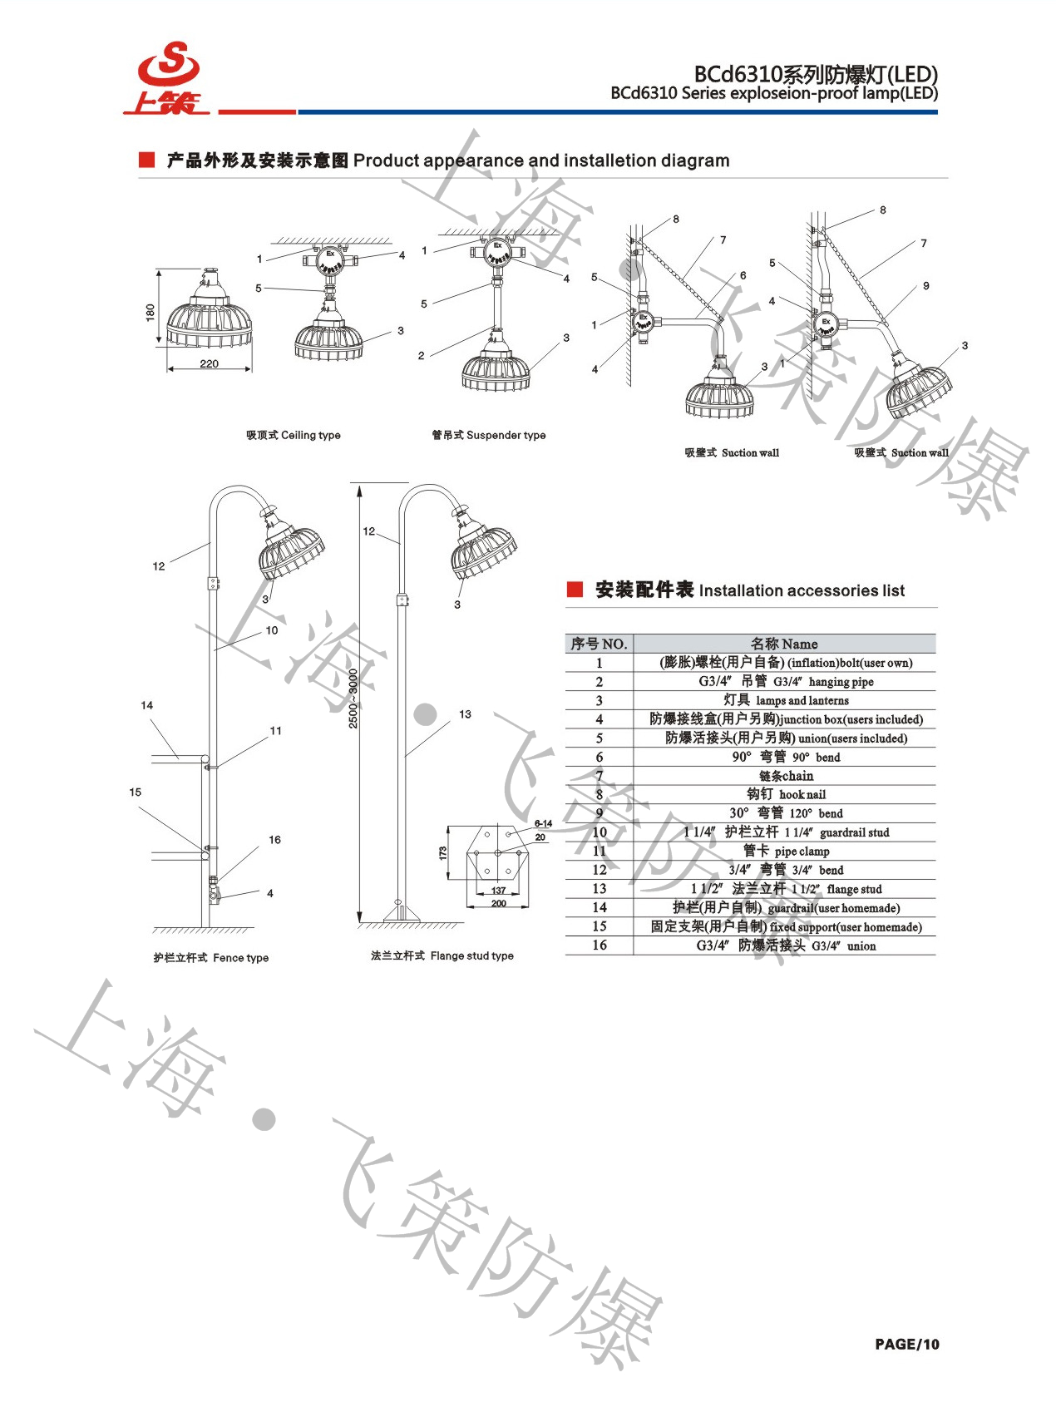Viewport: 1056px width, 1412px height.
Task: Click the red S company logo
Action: tap(169, 77)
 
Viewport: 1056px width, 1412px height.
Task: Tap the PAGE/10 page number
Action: tap(906, 1344)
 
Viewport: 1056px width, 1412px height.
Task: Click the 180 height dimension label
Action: tap(151, 312)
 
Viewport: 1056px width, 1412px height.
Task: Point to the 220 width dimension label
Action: tap(210, 364)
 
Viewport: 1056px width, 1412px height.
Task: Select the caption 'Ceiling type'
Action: tap(294, 435)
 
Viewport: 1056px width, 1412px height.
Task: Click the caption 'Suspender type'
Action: tap(489, 435)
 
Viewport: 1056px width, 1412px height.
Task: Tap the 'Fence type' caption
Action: tap(211, 958)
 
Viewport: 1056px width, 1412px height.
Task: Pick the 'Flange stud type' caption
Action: tap(442, 956)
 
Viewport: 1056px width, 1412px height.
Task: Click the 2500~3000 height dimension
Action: tap(353, 699)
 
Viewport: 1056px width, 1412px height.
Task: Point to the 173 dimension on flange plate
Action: tap(443, 852)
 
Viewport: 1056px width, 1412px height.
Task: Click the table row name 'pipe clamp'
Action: tap(786, 851)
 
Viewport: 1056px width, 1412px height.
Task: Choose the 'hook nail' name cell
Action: tap(786, 794)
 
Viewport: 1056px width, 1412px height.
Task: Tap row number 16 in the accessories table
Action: tap(600, 945)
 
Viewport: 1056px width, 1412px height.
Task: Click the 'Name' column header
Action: tap(784, 644)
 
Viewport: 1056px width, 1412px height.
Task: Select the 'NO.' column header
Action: tap(599, 644)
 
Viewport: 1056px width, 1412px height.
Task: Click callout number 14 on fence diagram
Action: tap(147, 705)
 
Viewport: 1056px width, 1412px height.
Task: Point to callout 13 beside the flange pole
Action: tap(465, 714)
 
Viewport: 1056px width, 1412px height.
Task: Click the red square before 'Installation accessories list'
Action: tap(575, 590)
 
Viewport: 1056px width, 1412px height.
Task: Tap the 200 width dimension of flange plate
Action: tap(498, 903)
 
